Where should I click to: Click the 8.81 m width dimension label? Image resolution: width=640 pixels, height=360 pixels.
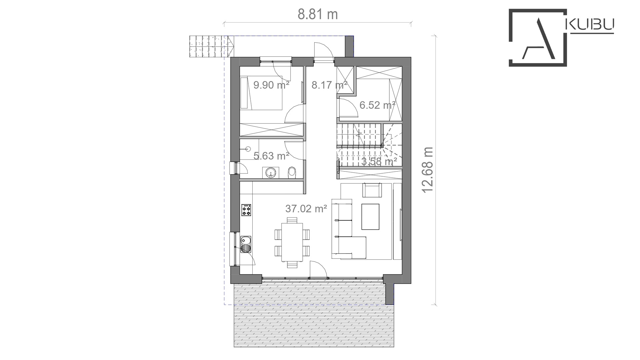coord(318,14)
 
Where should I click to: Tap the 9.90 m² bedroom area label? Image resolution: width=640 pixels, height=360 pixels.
coord(271,85)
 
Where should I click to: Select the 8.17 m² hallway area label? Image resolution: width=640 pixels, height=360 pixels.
coord(329,85)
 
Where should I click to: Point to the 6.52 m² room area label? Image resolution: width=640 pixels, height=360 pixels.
coord(377,105)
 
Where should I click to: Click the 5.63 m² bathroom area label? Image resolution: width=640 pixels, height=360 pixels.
coord(271,156)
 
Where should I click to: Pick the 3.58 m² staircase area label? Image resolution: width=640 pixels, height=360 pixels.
coord(379,162)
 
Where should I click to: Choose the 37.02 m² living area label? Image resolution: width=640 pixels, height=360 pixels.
coord(306,209)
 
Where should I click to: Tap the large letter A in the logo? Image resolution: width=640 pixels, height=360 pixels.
coord(540,39)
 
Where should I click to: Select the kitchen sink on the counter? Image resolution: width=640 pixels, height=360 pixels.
coord(246,244)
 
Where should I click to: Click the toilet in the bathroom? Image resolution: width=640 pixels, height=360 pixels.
coord(292,172)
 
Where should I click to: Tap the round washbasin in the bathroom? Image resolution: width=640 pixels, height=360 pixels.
coord(271,172)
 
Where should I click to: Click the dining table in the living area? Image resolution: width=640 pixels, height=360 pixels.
coord(292,242)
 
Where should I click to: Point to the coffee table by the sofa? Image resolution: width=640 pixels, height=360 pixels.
coord(370,217)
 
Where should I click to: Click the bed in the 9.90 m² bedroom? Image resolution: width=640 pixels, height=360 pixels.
coord(262,93)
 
